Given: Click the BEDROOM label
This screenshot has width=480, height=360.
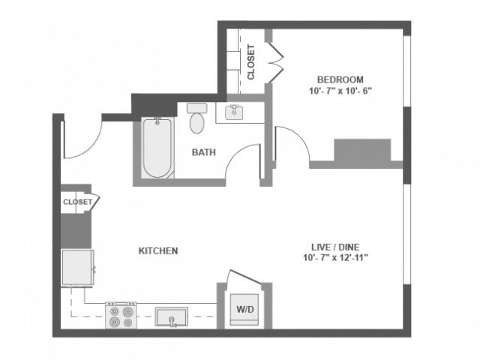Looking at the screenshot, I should [340, 79].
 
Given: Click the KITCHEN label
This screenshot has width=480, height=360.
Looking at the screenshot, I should [158, 250].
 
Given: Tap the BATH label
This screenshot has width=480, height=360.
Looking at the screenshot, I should [203, 152].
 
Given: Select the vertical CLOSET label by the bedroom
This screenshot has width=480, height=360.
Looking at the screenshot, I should [250, 62].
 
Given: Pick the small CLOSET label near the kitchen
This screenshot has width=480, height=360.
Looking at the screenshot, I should [76, 202].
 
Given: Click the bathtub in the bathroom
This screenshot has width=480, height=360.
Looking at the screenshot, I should [157, 148].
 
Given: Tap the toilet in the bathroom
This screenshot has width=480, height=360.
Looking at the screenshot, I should [197, 118].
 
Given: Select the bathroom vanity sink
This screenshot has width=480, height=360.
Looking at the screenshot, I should [235, 112].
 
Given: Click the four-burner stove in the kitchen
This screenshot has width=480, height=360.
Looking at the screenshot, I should [121, 315].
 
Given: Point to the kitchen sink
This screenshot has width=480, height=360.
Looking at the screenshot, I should [173, 317].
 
